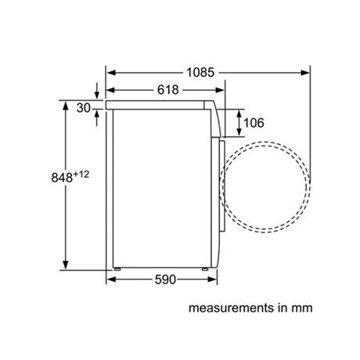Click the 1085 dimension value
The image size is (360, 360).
200,72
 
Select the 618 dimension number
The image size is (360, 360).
168,90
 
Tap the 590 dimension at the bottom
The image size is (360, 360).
165,279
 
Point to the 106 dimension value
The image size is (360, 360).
254,123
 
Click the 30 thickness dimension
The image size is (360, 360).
84,108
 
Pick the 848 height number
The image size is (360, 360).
62,178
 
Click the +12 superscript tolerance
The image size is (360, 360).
81,174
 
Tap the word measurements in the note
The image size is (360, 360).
231,308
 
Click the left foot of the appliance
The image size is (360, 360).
117,268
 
